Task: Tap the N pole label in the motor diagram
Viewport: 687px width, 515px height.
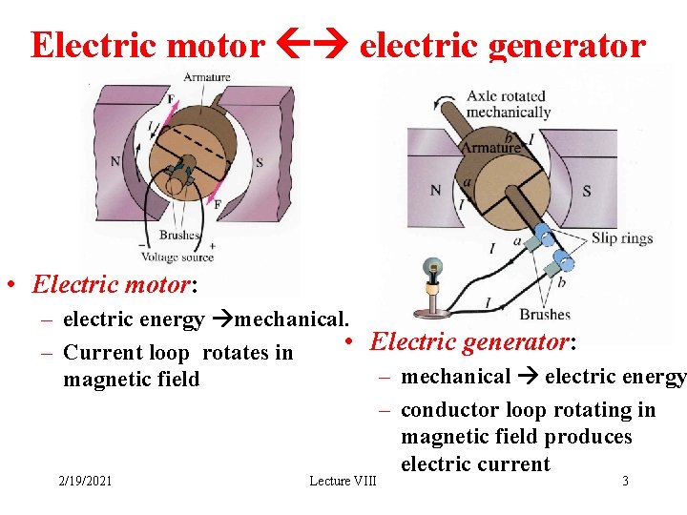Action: coord(115,161)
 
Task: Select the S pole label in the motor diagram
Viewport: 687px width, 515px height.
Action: coord(260,162)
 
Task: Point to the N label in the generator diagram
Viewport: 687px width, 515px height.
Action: coord(435,190)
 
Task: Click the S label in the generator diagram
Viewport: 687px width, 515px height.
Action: coord(586,191)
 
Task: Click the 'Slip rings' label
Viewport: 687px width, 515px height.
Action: coord(622,238)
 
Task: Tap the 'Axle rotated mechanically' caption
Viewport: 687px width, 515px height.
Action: coord(507,104)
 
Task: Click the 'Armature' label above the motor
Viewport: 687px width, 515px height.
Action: coord(207,77)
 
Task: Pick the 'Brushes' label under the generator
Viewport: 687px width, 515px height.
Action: coord(545,314)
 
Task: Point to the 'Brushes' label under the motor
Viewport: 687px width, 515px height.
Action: coord(179,235)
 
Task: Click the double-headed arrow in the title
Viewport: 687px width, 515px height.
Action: coord(311,45)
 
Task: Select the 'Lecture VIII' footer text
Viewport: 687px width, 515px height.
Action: coord(343,481)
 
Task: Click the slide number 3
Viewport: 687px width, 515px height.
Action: coord(625,481)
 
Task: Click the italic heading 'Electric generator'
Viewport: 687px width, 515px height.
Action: coord(471,341)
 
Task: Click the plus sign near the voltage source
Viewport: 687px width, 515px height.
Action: coord(211,245)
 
